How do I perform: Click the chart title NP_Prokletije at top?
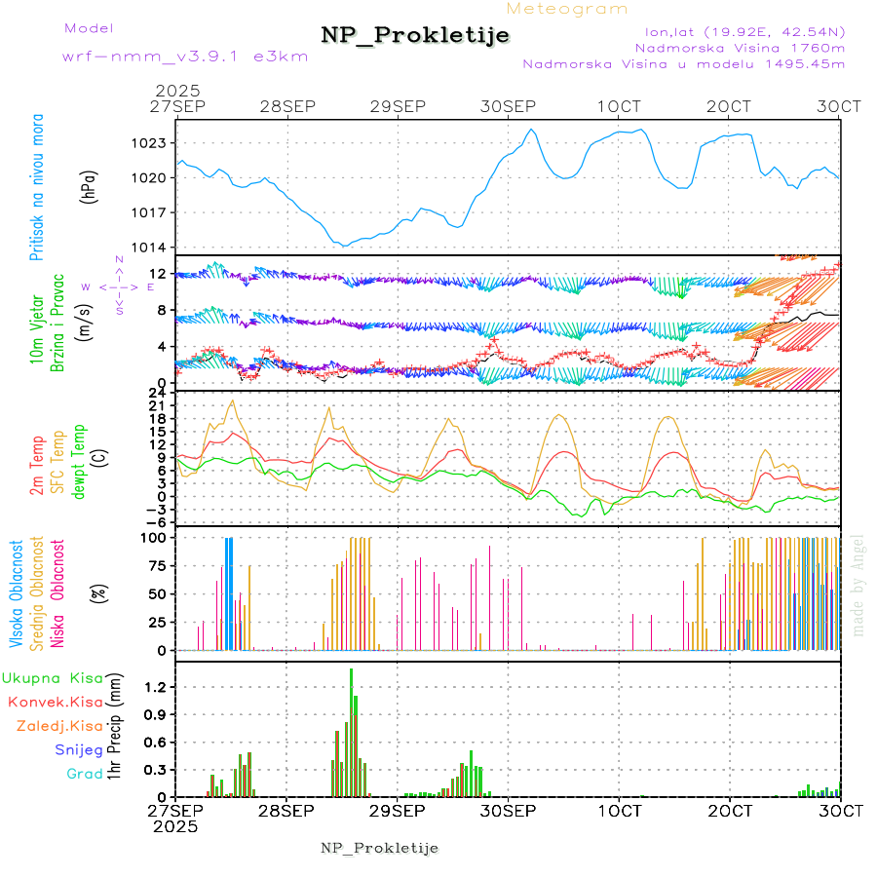coord(415,35)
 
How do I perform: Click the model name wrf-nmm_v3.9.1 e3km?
coord(185,56)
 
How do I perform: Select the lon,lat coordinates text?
coord(738,30)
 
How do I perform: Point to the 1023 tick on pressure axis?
coord(152,143)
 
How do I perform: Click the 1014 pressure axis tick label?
coord(152,247)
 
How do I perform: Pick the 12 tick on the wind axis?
coord(157,274)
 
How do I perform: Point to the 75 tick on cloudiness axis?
coord(157,565)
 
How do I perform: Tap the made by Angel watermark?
coord(858,584)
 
